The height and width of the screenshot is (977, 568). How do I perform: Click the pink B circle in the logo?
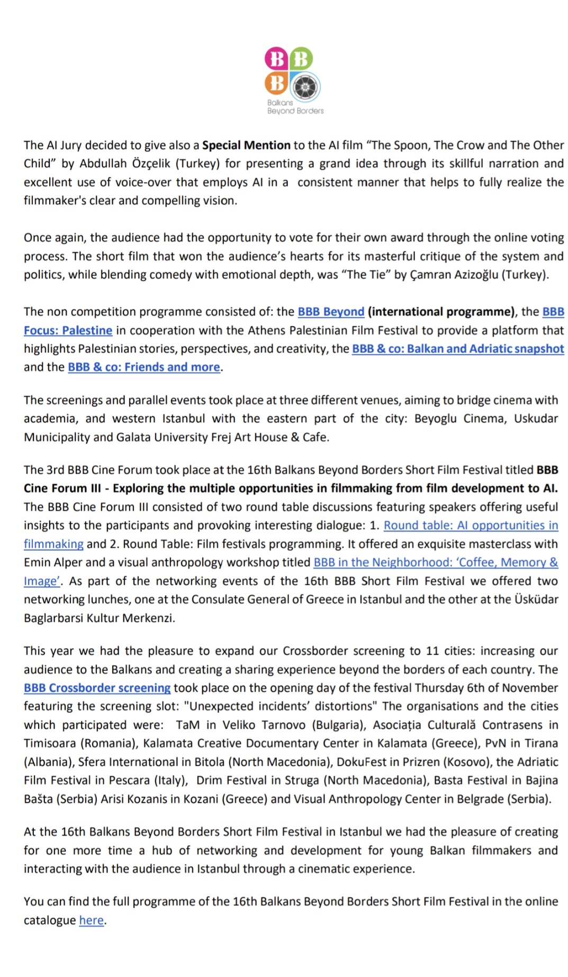276,59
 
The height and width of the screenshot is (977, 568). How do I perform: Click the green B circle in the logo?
301,59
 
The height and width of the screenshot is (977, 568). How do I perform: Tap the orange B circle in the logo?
276,83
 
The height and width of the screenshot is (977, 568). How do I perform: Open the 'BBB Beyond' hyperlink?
331,312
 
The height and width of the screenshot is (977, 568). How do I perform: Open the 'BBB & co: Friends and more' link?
143,367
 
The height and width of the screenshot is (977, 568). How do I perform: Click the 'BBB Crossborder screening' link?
97,688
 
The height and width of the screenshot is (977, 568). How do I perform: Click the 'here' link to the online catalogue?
91,920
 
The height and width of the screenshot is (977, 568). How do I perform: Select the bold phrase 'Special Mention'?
246,145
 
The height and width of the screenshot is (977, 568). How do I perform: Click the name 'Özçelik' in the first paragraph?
151,164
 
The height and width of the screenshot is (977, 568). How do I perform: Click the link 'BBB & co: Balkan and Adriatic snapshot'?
458,349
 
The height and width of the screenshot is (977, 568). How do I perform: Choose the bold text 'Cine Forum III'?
62,488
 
